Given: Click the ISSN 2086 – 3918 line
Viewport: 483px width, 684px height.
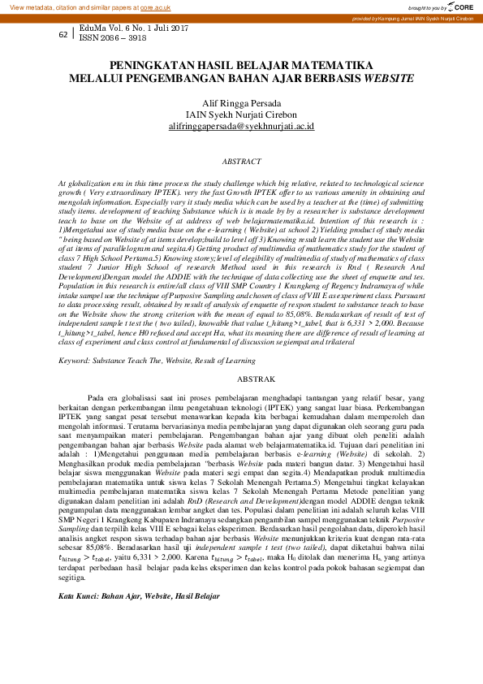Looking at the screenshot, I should click(x=113, y=37).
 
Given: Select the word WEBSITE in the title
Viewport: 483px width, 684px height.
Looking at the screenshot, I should click(x=386, y=79).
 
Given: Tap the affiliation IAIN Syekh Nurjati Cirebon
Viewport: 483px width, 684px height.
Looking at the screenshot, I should click(x=241, y=115).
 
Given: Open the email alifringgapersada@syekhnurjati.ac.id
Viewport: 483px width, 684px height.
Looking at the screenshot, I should click(x=241, y=127).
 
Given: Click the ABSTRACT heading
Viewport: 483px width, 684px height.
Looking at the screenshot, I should click(x=241, y=162).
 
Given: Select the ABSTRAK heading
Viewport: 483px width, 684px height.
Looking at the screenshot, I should click(x=241, y=379).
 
